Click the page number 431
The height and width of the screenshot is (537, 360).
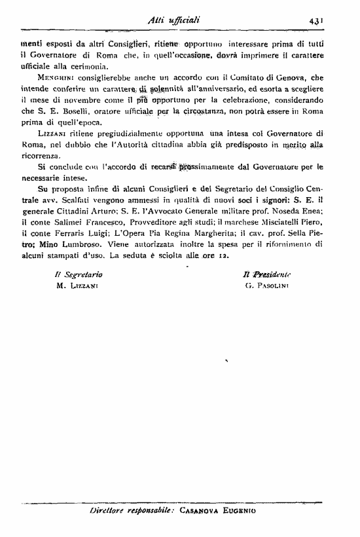(319, 21)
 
